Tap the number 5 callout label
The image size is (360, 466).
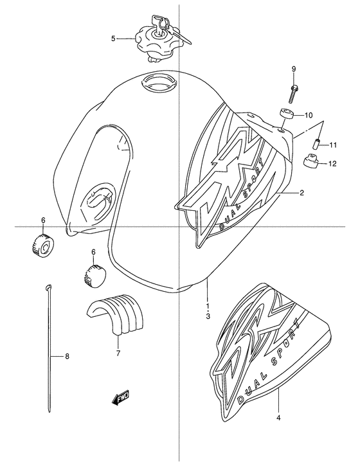point(114,39)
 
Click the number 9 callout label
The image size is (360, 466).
point(293,69)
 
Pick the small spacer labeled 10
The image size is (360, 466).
point(286,116)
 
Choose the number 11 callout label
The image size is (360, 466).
point(334,145)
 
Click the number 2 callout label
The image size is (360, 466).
point(301,192)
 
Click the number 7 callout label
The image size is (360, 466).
point(118,353)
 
